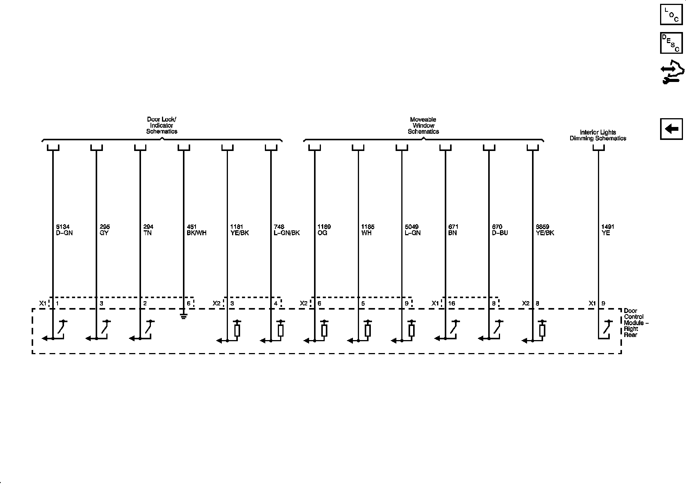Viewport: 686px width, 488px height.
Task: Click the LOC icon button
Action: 671,15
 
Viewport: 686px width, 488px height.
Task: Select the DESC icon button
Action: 671,43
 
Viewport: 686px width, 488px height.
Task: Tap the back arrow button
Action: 671,129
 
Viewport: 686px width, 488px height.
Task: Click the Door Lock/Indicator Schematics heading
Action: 162,125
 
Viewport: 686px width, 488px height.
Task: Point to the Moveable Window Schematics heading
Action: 423,125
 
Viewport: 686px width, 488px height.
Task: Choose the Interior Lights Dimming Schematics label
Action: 598,135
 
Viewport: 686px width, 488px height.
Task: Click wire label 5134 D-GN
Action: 64,230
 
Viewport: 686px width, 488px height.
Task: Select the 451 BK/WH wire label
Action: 196,230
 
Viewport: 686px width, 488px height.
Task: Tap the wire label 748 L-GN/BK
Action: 287,230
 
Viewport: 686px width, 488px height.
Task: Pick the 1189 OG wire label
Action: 324,230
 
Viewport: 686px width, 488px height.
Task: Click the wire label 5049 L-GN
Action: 412,230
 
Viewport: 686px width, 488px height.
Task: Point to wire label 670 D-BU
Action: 500,230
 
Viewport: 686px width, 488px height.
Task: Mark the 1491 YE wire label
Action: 607,230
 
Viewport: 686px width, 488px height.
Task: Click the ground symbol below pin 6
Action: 184,316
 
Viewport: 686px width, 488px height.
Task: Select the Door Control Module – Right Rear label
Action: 636,323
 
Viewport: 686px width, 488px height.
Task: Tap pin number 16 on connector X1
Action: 452,303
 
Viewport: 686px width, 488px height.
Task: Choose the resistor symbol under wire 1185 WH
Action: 367,330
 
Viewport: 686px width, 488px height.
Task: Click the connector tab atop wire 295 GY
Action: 96,148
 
